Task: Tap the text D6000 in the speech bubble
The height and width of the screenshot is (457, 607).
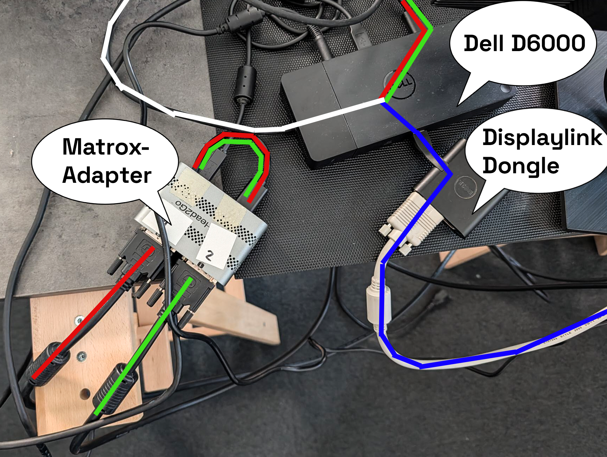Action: (549, 43)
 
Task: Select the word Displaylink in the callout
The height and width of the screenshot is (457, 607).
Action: (542, 138)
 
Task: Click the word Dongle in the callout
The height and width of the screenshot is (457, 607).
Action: (521, 166)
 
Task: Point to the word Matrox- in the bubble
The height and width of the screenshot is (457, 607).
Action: (106, 147)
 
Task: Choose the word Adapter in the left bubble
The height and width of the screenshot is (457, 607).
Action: (107, 176)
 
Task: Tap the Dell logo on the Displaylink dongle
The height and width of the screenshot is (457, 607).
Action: (465, 187)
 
